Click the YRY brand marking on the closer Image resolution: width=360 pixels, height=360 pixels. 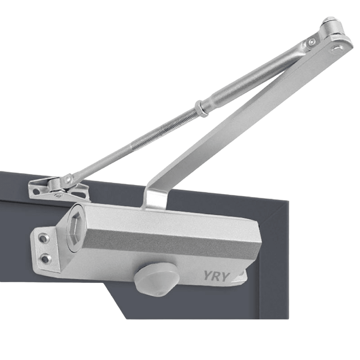(x=216, y=276)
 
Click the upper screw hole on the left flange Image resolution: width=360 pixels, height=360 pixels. (x=43, y=239)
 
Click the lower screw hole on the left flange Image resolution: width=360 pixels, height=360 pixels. (x=45, y=259)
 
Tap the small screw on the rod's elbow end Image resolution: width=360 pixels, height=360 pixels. (x=311, y=43)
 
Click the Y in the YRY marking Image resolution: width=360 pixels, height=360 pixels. (x=208, y=276)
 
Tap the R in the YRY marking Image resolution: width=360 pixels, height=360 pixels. (x=216, y=276)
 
